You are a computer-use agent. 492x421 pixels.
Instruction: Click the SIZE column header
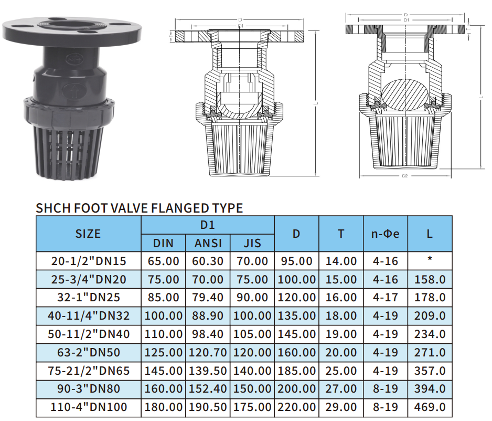[x=88, y=234]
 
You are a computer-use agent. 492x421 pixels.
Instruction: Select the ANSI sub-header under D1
[x=208, y=243]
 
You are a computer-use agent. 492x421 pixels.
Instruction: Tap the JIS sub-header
[x=252, y=243]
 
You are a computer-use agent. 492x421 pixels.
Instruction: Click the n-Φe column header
[x=386, y=234]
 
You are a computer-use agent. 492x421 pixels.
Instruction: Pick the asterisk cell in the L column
[x=430, y=259]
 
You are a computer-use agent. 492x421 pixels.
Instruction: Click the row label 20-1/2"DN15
[x=89, y=261]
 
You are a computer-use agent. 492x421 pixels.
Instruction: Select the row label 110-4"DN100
[x=89, y=407]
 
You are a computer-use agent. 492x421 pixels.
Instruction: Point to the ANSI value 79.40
[x=208, y=297]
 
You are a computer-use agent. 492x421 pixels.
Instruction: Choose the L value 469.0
[x=430, y=407]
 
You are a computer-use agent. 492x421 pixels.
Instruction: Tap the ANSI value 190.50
[x=208, y=407]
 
